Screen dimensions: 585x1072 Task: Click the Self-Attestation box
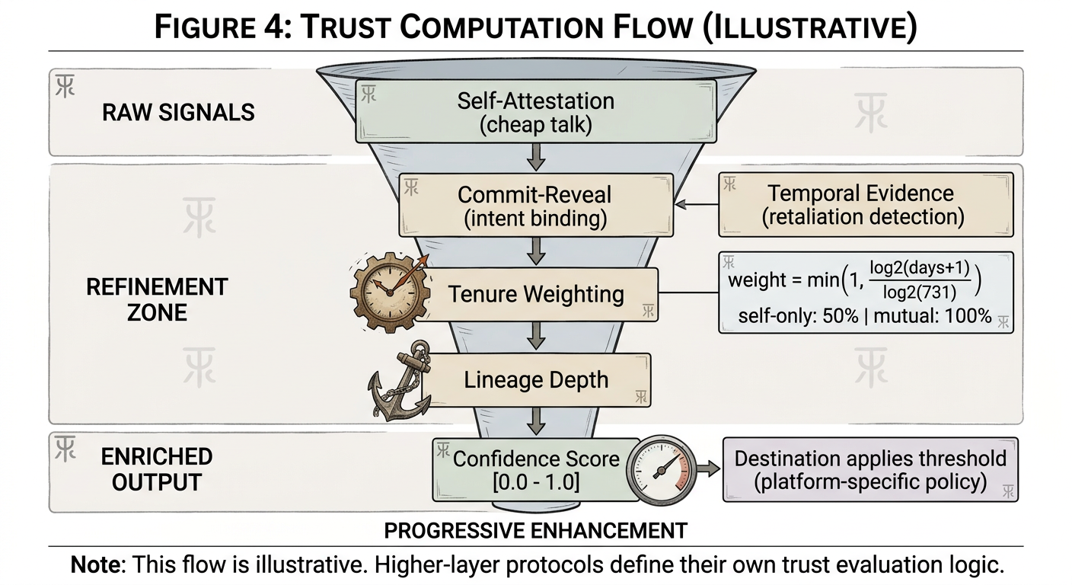click(535, 112)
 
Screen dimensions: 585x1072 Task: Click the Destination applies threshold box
click(869, 469)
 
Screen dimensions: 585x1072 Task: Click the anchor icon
click(398, 380)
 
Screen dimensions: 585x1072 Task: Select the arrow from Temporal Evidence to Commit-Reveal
click(697, 205)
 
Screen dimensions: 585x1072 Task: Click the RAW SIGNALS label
click(178, 113)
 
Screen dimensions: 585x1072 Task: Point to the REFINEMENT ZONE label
click(157, 299)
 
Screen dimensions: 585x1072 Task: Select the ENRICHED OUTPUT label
click(156, 469)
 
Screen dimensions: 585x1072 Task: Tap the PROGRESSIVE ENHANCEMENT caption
click(535, 530)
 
